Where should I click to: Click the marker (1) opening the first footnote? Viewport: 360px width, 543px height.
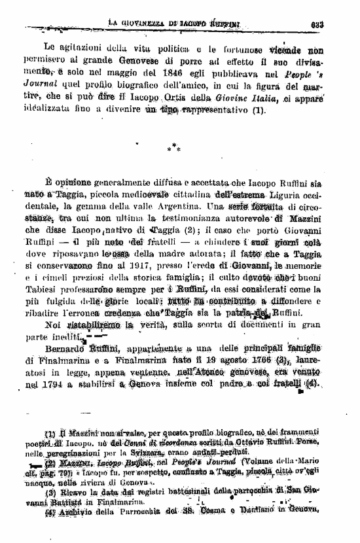tap(50, 434)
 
